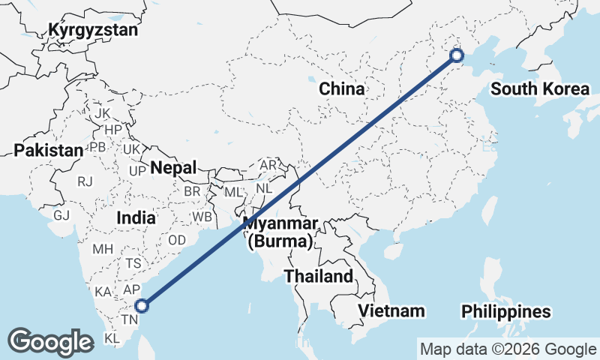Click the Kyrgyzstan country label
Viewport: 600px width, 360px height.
pyautogui.click(x=93, y=30)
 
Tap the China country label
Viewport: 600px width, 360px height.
pyautogui.click(x=341, y=89)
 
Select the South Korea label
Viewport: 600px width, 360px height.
pyautogui.click(x=540, y=89)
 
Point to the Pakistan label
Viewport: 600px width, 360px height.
pyautogui.click(x=49, y=150)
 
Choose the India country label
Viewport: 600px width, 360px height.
pyautogui.click(x=136, y=218)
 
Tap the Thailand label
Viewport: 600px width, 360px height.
pyautogui.click(x=318, y=276)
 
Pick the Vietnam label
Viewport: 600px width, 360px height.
pyautogui.click(x=391, y=310)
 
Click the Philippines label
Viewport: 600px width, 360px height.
pyautogui.click(x=505, y=311)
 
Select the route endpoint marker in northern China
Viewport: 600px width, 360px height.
pyautogui.click(x=457, y=55)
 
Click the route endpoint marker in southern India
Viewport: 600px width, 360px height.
pyautogui.click(x=142, y=305)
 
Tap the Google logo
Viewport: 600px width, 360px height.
pyautogui.click(x=50, y=341)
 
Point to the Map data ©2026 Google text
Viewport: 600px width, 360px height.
pyautogui.click(x=508, y=349)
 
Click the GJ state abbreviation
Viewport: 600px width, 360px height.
pyautogui.click(x=61, y=215)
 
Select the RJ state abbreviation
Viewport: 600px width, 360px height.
pyautogui.click(x=85, y=181)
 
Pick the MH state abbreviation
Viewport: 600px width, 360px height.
pyautogui.click(x=102, y=249)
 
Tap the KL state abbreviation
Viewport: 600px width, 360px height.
pyautogui.click(x=112, y=338)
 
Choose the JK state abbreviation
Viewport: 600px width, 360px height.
pyautogui.click(x=103, y=113)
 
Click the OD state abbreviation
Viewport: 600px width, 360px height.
pyautogui.click(x=177, y=240)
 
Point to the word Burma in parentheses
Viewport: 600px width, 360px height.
pyautogui.click(x=280, y=241)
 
